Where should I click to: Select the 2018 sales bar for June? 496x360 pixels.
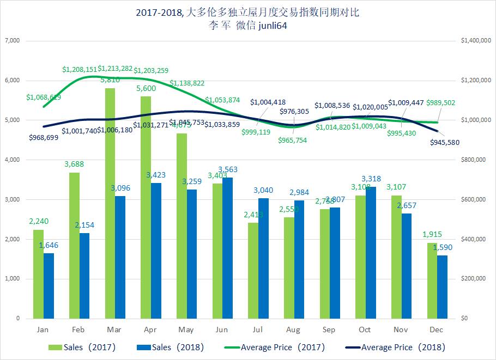[x=228, y=248]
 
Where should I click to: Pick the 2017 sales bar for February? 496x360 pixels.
[x=74, y=245]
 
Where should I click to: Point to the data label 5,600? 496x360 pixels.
[x=147, y=89]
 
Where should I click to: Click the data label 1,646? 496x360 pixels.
[x=49, y=246]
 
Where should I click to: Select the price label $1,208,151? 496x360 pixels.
[x=80, y=70]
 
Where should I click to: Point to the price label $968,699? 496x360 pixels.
[x=44, y=137]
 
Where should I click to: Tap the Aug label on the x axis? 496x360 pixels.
[x=293, y=330]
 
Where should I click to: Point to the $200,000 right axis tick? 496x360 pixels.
[x=473, y=279]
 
